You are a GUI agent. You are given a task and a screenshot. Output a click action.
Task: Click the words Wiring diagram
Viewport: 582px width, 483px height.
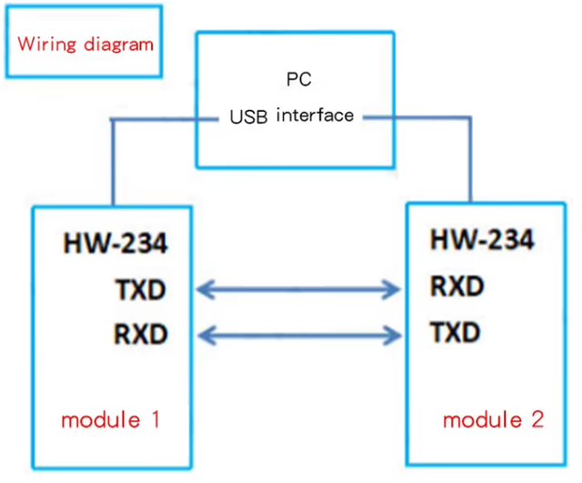85,45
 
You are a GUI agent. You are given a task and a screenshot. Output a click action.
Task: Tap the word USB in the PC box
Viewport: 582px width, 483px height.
249,117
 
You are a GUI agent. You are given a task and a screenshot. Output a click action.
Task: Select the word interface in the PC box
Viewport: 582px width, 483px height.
314,116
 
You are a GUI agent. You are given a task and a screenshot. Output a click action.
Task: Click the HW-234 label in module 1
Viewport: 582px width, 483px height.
115,245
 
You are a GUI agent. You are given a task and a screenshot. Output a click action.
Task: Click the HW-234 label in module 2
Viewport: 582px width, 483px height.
482,240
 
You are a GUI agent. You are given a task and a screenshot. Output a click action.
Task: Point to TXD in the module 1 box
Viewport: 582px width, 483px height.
142,290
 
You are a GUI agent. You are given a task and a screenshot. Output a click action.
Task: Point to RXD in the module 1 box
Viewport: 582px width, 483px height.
142,334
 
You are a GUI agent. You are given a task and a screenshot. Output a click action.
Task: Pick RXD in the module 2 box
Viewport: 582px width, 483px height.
456,287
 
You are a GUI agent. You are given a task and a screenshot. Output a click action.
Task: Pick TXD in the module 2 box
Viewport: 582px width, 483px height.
456,332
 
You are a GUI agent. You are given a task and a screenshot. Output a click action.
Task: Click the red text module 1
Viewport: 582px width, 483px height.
110,420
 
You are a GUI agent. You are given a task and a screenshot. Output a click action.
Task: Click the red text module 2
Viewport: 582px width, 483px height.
493,420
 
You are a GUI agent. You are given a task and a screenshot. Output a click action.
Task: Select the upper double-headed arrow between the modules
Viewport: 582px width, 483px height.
300,290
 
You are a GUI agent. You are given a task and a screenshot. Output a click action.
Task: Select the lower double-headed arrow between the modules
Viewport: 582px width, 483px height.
300,335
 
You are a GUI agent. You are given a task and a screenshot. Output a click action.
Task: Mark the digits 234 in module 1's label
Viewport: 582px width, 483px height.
145,245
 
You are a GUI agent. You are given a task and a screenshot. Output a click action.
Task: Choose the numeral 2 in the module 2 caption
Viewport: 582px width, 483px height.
537,420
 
